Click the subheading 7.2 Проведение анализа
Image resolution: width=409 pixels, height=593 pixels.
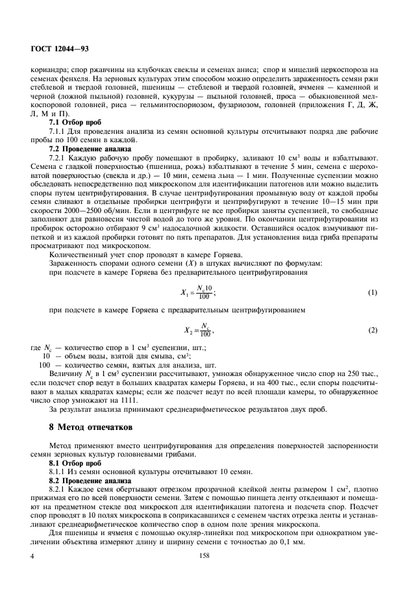86,148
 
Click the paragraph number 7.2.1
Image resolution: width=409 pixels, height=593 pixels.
59,157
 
